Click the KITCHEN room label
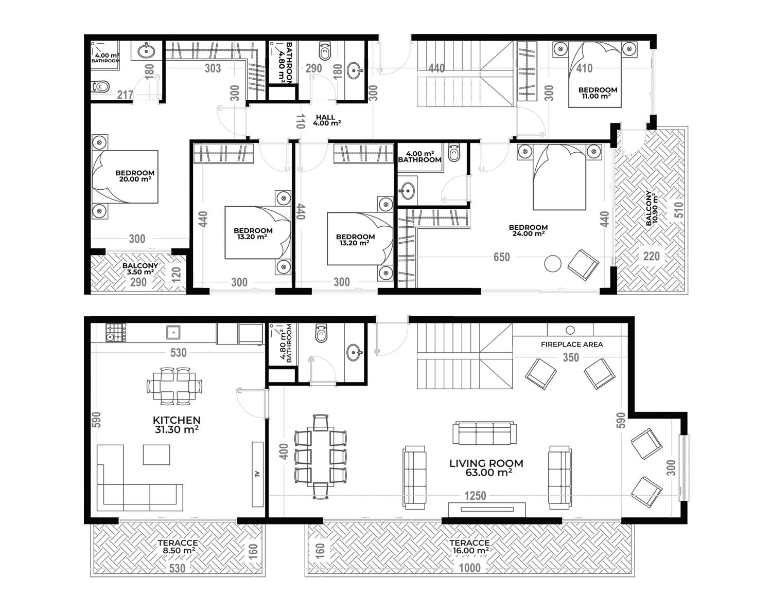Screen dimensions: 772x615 point(177,420)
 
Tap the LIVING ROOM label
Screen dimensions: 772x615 point(486,463)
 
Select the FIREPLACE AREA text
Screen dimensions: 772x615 point(572,345)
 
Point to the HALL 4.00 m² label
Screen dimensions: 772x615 point(326,120)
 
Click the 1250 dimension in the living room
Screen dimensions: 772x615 point(475,496)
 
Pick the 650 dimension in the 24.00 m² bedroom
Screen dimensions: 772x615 point(501,257)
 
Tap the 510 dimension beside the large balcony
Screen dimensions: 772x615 point(679,210)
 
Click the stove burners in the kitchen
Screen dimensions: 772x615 point(116,333)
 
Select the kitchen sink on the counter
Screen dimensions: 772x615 point(173,333)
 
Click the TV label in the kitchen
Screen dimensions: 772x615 point(257,474)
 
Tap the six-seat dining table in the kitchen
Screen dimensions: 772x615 point(174,386)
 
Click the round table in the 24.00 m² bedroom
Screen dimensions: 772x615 point(552,263)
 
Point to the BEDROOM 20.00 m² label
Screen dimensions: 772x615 point(135,176)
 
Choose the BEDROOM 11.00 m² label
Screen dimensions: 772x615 point(598,93)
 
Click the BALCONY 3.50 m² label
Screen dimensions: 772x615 point(140,268)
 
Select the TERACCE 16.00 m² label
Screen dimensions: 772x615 point(470,547)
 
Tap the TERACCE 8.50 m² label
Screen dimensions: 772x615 point(178,547)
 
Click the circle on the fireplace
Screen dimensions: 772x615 point(570,330)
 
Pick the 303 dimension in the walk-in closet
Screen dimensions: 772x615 point(213,68)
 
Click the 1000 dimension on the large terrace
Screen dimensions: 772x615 point(469,568)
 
